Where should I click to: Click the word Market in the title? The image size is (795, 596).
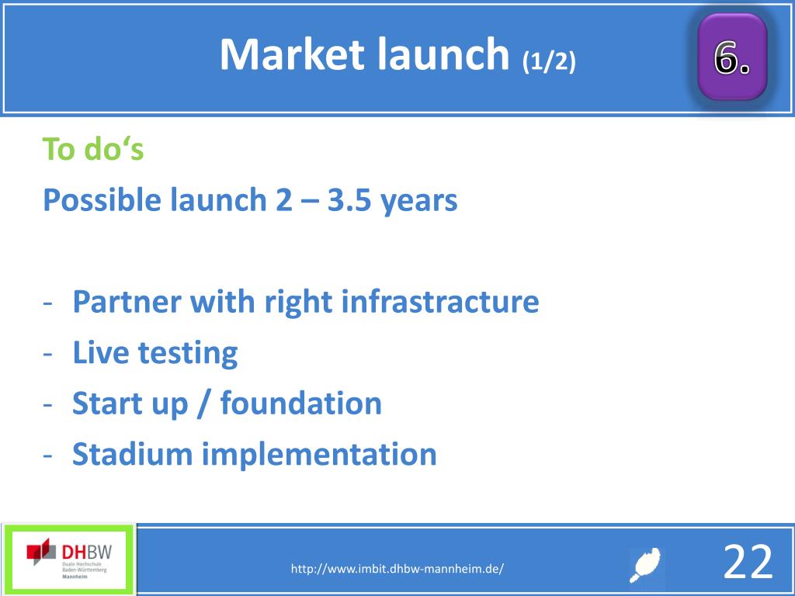click(292, 54)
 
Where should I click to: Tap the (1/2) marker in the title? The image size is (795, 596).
click(549, 61)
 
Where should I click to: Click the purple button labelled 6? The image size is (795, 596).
click(731, 56)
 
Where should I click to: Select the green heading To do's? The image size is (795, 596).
click(93, 149)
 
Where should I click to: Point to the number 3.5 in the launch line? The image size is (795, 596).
click(349, 199)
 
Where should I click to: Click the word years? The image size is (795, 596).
click(418, 201)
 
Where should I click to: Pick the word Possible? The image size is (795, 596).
click(102, 199)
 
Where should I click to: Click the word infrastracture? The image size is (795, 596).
click(440, 301)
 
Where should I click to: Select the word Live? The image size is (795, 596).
click(101, 352)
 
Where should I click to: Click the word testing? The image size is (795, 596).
click(188, 354)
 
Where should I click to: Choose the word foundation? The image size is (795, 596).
click(301, 403)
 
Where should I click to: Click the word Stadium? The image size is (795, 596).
click(132, 453)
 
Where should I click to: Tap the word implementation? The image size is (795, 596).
click(319, 455)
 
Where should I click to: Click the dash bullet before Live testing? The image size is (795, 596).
click(48, 354)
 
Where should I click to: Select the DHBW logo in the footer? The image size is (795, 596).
click(68, 559)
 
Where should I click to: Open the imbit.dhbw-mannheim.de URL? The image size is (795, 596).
click(397, 569)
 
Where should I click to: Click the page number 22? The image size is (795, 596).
click(748, 562)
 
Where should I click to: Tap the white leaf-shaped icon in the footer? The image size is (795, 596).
click(645, 565)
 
